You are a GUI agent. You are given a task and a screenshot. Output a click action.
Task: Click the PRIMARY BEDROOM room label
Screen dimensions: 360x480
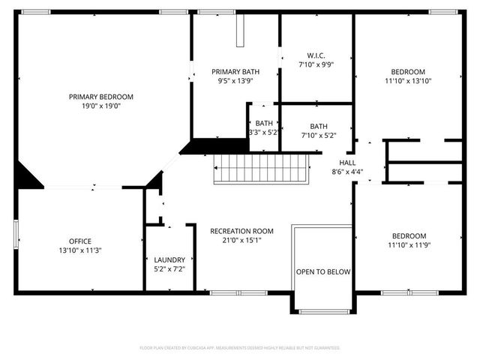[x=100, y=97]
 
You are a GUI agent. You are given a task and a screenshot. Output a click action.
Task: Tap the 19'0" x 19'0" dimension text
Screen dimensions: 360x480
[x=100, y=106]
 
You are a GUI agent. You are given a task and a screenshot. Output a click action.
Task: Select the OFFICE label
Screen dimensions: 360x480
[x=79, y=241]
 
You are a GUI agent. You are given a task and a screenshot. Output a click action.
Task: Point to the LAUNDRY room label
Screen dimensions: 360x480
[x=169, y=259]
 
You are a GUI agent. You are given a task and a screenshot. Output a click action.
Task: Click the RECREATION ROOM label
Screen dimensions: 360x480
[x=241, y=231]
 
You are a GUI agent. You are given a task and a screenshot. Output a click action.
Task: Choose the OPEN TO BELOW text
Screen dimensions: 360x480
[x=322, y=271]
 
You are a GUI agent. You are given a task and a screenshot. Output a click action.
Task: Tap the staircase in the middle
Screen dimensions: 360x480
[x=259, y=169]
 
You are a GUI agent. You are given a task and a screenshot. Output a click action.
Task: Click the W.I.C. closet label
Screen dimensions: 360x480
[x=315, y=55]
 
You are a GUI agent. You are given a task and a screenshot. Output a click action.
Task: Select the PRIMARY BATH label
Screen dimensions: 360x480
[x=235, y=70]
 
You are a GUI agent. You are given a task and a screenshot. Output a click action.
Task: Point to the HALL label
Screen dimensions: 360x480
[x=347, y=162]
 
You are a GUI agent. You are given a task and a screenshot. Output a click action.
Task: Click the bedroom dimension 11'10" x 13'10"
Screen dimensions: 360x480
[x=408, y=81]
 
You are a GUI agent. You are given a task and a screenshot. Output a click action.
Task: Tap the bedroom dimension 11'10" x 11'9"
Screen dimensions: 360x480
[x=408, y=244]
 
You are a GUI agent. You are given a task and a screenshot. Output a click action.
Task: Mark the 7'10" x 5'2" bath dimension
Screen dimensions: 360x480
[x=318, y=136]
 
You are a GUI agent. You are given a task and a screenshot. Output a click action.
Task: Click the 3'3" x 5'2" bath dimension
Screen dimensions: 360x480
[x=263, y=133]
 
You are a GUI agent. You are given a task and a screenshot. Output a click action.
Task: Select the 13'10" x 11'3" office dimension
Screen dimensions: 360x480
[x=79, y=250]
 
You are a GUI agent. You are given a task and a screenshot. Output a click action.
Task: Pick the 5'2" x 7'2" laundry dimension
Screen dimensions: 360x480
[x=169, y=268]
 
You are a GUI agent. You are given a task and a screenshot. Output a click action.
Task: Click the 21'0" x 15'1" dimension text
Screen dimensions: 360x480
[x=241, y=241]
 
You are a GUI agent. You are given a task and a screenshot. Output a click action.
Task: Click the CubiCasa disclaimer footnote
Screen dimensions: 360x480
[x=240, y=348]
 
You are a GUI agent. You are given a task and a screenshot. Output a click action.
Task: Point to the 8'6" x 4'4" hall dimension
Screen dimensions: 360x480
[x=347, y=172]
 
